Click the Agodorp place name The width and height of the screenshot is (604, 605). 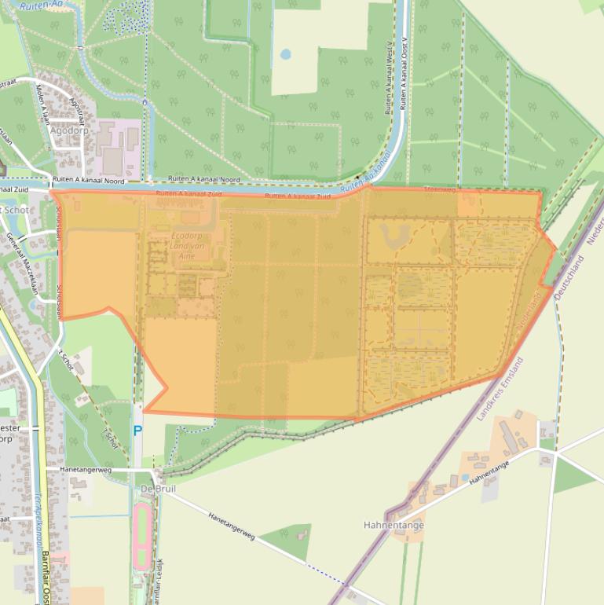(x=69, y=130)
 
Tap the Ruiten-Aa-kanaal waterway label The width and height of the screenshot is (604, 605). (x=364, y=172)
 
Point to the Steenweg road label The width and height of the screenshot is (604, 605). (x=439, y=189)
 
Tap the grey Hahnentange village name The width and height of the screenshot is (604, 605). (x=394, y=525)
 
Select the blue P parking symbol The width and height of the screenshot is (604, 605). (x=137, y=431)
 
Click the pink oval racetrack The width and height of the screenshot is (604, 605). (x=142, y=537)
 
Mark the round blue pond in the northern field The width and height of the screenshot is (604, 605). (x=285, y=54)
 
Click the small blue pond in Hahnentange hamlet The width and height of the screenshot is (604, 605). (x=464, y=477)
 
